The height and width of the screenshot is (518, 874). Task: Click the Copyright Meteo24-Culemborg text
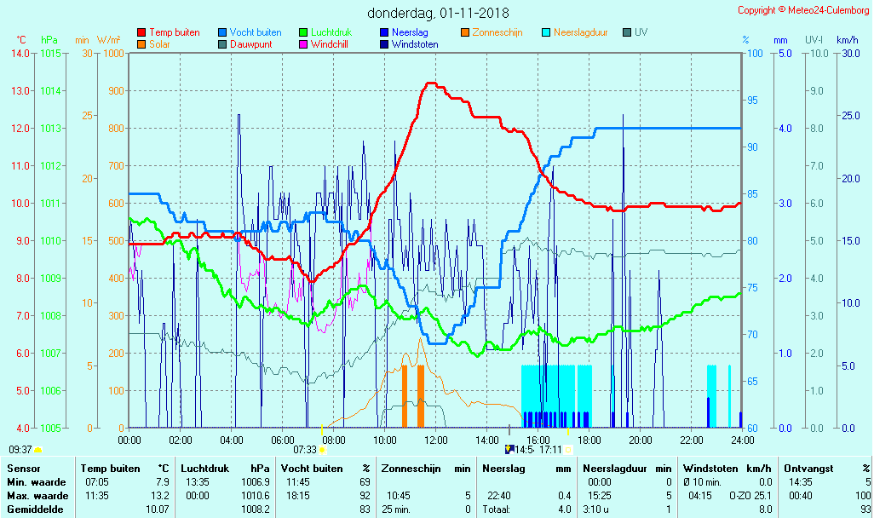[x=803, y=10]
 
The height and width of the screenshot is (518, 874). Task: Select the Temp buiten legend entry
[x=174, y=32]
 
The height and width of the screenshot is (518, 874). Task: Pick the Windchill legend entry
[x=328, y=44]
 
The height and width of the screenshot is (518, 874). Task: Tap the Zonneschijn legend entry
[x=497, y=32]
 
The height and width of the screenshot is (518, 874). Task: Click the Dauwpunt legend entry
[x=250, y=44]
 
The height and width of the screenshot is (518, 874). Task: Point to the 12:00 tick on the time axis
[x=436, y=440]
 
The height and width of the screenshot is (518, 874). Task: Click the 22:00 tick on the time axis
[x=692, y=440]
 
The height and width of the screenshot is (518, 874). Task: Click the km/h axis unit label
[x=847, y=40]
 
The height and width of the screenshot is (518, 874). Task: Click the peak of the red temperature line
[x=431, y=83]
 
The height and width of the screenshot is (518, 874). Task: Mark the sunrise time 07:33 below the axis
[x=305, y=450]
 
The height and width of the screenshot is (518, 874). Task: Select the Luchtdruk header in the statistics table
[x=202, y=469]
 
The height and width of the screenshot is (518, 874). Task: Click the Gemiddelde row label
[x=32, y=509]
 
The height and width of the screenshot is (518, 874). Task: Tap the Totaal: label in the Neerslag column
[x=496, y=509]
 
